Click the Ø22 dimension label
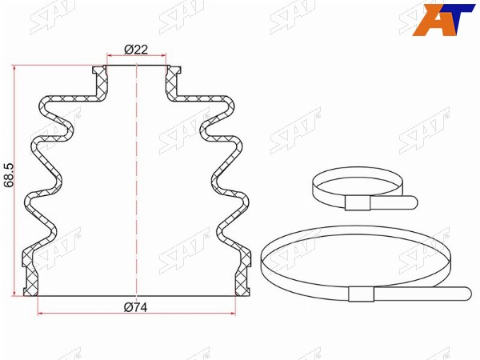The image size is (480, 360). pos(136,50)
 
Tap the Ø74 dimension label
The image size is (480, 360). pos(136,307)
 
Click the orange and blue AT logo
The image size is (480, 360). pos(443,20)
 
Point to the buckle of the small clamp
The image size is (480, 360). pos(358,202)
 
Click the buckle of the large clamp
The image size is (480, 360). pos(362,294)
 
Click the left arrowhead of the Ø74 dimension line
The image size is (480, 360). pos(40,314)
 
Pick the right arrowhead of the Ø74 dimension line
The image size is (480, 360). pos(234,314)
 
